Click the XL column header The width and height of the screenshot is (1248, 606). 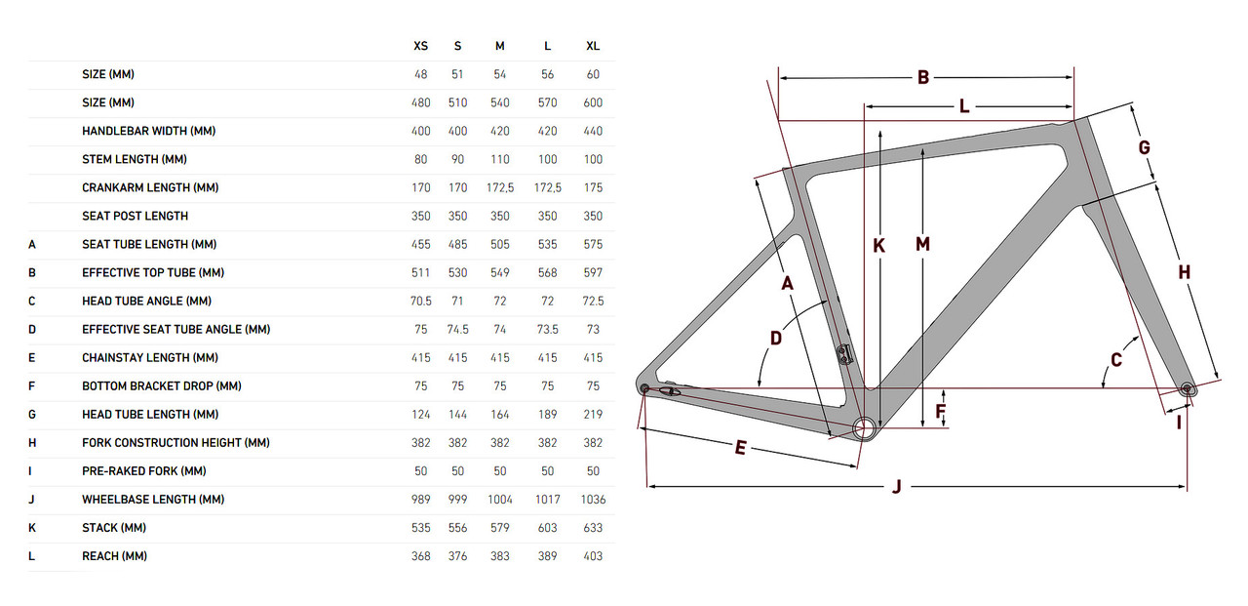(593, 46)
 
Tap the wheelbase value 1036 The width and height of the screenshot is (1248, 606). (593, 500)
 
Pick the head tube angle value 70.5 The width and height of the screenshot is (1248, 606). (421, 302)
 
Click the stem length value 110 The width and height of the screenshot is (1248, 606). (500, 159)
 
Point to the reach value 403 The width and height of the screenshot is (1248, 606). (593, 556)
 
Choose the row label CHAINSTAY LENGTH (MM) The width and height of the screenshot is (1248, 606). (150, 358)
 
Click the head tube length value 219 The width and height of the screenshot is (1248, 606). (593, 415)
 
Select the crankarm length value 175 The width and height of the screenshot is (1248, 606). (593, 187)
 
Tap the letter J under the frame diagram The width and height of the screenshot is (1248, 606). (897, 487)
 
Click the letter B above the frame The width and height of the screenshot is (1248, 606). (923, 78)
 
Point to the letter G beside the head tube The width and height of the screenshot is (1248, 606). (1145, 147)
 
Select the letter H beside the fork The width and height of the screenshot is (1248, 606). (1184, 272)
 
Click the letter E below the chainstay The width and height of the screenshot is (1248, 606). (741, 448)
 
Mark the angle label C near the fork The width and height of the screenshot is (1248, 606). (1116, 360)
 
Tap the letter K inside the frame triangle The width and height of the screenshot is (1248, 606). (878, 247)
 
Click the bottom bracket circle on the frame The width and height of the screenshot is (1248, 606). (864, 427)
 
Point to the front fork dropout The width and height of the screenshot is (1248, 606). (1187, 388)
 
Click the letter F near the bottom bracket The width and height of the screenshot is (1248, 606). (941, 412)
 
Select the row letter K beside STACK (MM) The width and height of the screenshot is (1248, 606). (32, 528)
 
